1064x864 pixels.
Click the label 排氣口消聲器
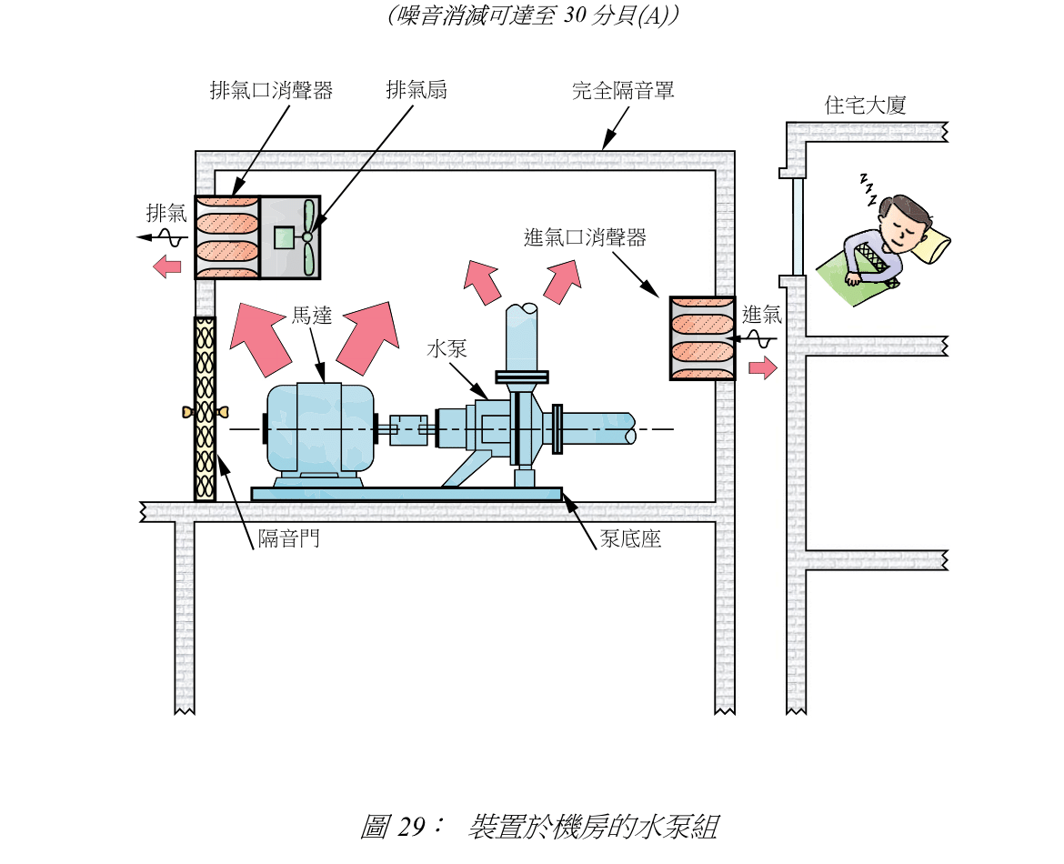pyautogui.click(x=271, y=91)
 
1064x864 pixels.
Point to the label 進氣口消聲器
pyautogui.click(x=585, y=238)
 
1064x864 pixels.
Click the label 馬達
pyautogui.click(x=311, y=316)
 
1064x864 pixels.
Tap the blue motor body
pyautogui.click(x=318, y=428)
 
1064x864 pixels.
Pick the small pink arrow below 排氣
pyautogui.click(x=167, y=266)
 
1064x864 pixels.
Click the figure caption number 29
pyautogui.click(x=411, y=828)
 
